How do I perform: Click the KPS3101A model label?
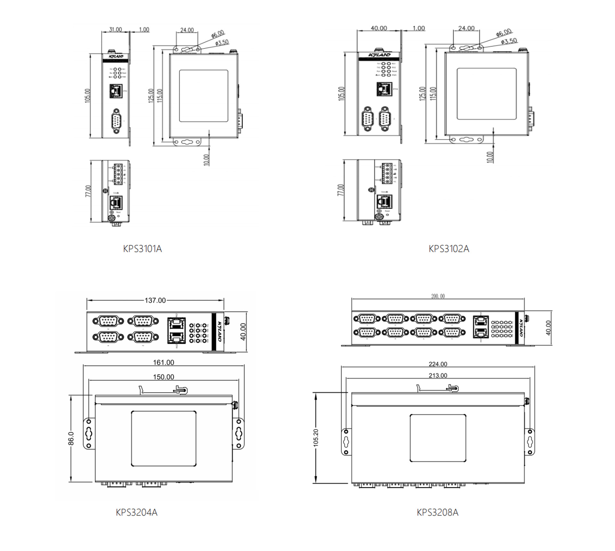point(143,249)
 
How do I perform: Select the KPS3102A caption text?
point(449,249)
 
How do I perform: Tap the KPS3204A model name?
point(136,512)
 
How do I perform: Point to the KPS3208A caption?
point(437,512)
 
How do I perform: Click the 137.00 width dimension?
point(155,300)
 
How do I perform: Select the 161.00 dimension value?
point(163,362)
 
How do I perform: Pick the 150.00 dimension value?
point(163,377)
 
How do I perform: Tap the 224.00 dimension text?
point(438,364)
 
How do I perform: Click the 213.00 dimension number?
point(438,375)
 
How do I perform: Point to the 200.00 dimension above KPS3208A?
point(438,296)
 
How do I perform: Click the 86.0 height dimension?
point(71,438)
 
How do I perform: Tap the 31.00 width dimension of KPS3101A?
point(115,29)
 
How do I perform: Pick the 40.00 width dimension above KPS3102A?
point(379,28)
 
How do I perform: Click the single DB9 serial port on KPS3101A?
point(116,120)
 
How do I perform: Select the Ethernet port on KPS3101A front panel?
point(116,91)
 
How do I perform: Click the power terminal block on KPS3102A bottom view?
point(387,173)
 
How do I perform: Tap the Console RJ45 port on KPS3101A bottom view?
point(116,202)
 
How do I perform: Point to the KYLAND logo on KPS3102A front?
point(379,55)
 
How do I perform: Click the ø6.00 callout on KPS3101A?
point(218,34)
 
